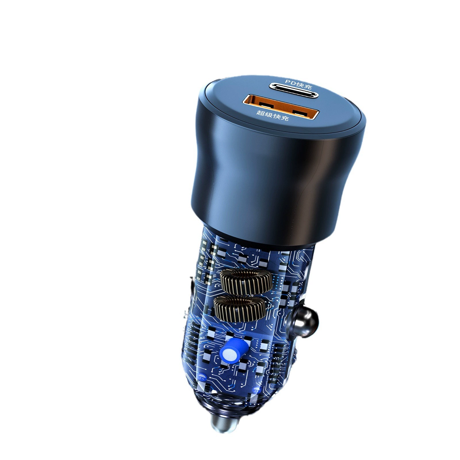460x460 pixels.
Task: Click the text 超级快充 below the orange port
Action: (x=272, y=115)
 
